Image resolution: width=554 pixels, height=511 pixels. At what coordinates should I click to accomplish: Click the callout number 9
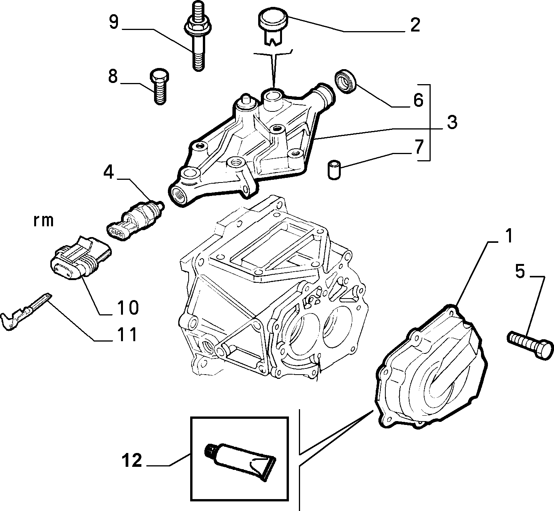coord(114,22)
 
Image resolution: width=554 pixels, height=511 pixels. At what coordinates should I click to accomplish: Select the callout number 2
coord(415,25)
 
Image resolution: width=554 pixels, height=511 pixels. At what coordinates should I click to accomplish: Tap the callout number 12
coord(132,460)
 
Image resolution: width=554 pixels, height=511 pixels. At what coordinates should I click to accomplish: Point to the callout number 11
coord(127,335)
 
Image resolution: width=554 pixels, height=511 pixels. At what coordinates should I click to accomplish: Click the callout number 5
coord(520,271)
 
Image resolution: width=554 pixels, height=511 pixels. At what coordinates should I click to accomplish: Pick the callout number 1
coord(509,236)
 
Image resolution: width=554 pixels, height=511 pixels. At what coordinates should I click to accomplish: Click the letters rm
coord(43,221)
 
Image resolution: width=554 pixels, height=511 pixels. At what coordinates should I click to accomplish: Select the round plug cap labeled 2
coord(274,28)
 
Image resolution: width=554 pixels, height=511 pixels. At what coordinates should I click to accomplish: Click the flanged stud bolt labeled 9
coord(198,36)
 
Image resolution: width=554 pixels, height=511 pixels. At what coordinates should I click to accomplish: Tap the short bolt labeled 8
coord(159,86)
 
